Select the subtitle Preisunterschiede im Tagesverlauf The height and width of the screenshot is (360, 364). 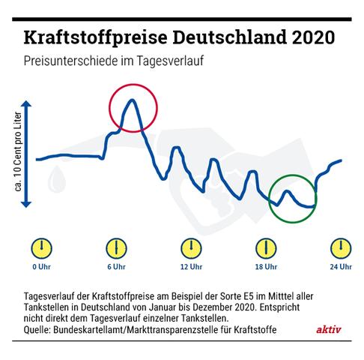(x=112, y=61)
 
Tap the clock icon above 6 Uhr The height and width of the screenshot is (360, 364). (x=113, y=248)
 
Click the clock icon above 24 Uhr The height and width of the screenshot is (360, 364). (x=339, y=248)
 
